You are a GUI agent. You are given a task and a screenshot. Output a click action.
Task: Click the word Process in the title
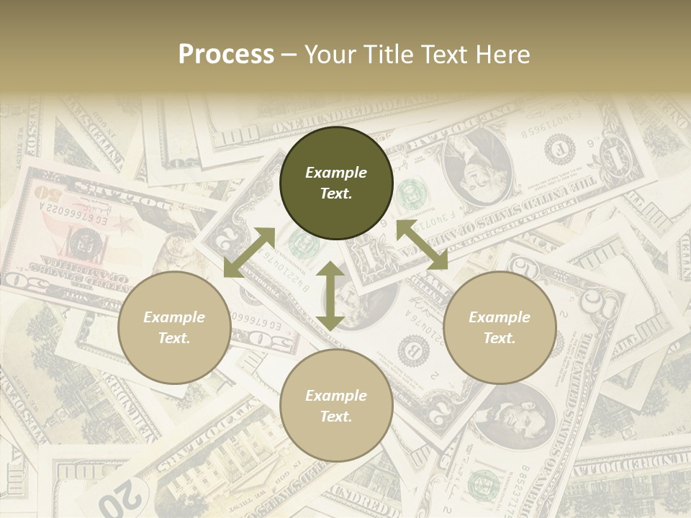pyautogui.click(x=226, y=55)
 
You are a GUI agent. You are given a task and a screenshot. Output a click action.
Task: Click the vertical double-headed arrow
pyautogui.click(x=330, y=296)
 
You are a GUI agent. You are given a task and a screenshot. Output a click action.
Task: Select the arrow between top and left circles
pyautogui.click(x=249, y=253)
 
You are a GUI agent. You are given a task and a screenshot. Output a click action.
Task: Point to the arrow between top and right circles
pyautogui.click(x=422, y=245)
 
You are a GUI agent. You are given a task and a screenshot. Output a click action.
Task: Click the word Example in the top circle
pyautogui.click(x=336, y=173)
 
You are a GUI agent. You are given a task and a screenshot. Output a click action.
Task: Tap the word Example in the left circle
pyautogui.click(x=174, y=317)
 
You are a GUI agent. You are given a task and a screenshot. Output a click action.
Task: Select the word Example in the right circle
pyautogui.click(x=500, y=317)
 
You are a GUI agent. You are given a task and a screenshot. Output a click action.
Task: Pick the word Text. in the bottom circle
pyautogui.click(x=336, y=417)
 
